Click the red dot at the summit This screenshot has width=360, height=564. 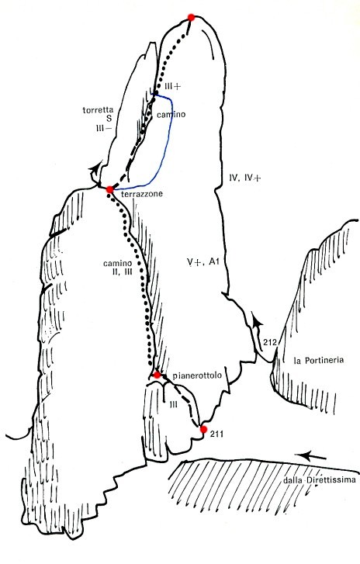(x=191, y=17)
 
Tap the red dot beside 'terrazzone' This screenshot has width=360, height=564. (x=110, y=189)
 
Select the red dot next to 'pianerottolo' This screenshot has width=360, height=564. (x=157, y=375)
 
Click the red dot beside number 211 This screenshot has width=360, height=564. (x=203, y=429)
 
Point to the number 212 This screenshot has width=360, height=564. (x=269, y=342)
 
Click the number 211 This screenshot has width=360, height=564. (x=217, y=434)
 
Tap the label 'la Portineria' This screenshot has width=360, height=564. (x=319, y=360)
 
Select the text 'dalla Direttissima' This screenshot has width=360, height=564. (x=320, y=480)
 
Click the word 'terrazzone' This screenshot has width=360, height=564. (x=142, y=194)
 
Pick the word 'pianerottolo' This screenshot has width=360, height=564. (x=197, y=376)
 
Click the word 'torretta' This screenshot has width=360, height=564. (x=98, y=109)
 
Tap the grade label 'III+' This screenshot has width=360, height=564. (x=172, y=86)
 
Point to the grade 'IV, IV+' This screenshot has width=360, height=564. (x=244, y=178)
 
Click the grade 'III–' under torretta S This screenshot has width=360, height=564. (x=103, y=127)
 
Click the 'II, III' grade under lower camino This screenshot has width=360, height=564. (x=123, y=272)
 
